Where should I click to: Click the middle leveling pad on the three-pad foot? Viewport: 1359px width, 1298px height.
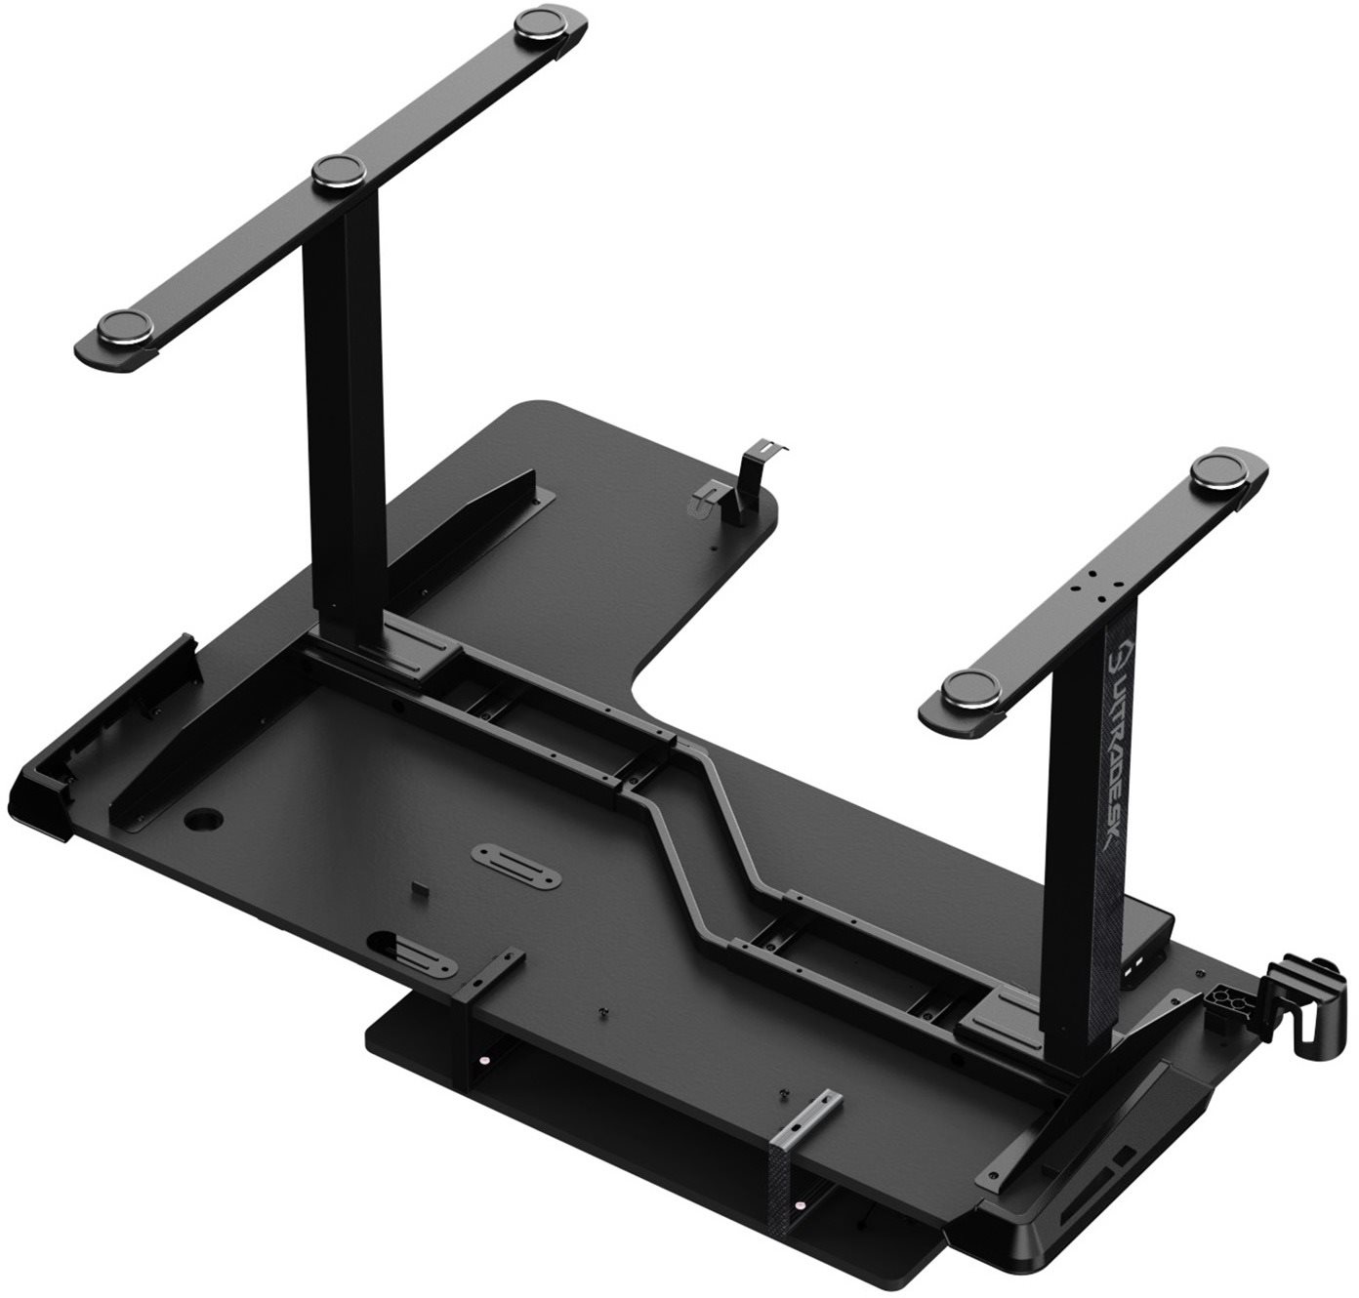point(339,172)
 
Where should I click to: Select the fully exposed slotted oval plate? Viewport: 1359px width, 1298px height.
point(516,865)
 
